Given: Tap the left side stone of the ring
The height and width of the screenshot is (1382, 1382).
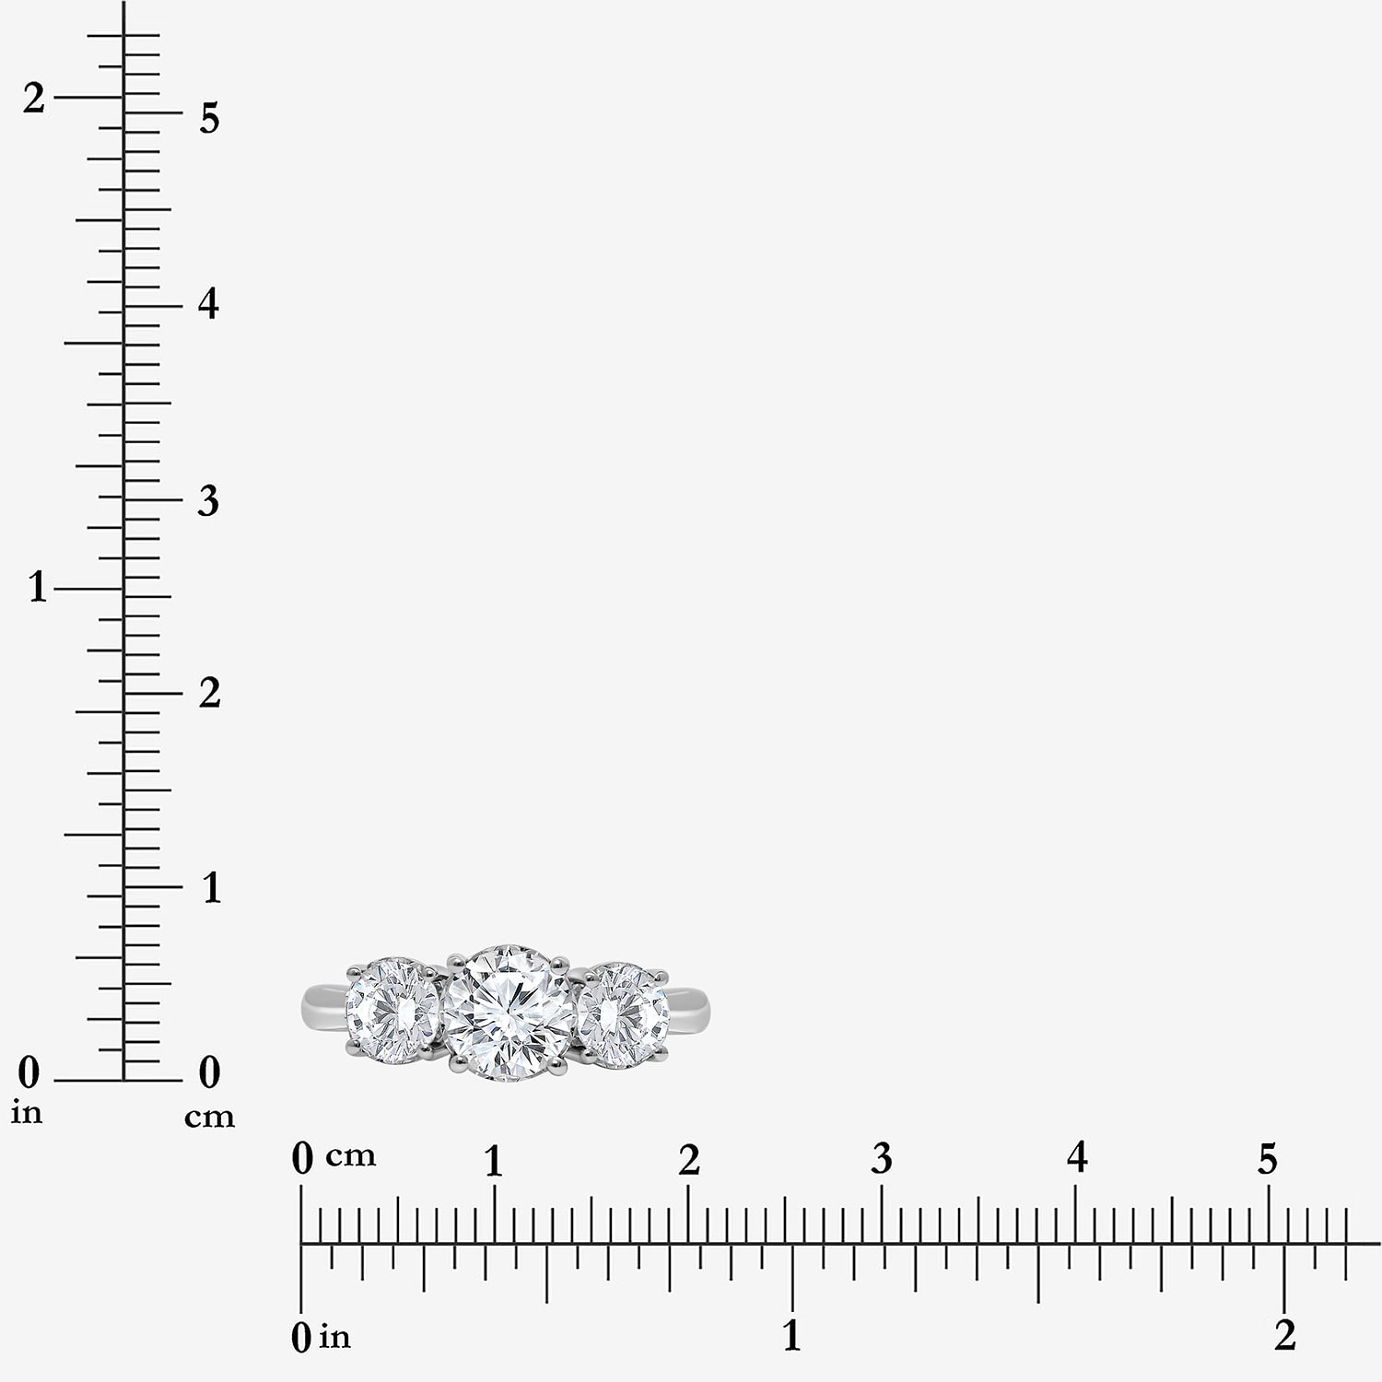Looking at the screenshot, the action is click(x=393, y=1011).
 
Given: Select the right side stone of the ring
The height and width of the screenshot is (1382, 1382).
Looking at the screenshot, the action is click(x=624, y=1015).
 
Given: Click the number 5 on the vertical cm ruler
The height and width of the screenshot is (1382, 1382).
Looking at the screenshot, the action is click(x=209, y=118).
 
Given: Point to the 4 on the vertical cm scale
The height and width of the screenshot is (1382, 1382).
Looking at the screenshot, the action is click(x=209, y=303).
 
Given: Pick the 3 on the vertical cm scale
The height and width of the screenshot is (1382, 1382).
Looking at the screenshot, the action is click(x=209, y=499).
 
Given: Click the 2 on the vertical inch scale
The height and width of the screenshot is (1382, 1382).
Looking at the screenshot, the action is click(x=34, y=99).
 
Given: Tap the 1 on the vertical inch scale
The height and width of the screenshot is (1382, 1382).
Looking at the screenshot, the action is click(x=37, y=587).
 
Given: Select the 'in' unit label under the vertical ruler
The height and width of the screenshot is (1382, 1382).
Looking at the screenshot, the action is click(x=27, y=1113).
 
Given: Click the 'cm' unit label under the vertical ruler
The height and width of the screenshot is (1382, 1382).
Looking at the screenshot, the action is click(x=209, y=1118).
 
